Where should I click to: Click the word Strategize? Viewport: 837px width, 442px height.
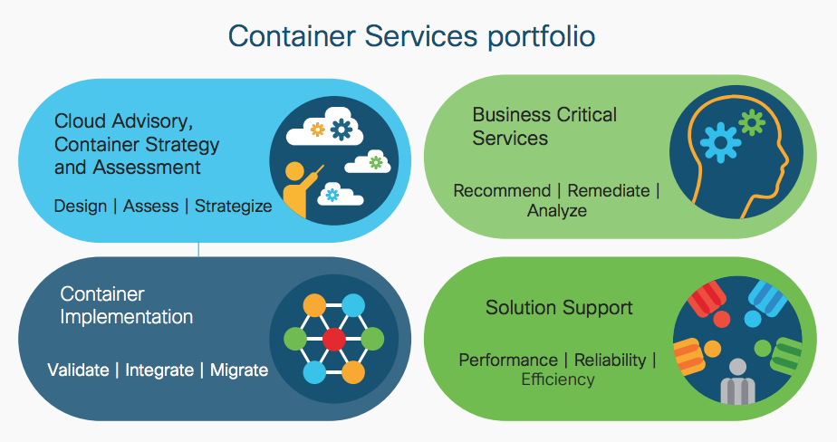(233, 206)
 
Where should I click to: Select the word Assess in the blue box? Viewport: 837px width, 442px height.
(150, 206)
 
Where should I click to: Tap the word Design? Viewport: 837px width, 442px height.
(80, 206)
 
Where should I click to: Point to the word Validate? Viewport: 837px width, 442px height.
(78, 370)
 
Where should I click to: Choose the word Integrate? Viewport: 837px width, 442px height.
(159, 370)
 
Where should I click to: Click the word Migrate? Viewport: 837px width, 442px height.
(239, 370)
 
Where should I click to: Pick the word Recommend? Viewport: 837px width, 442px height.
(502, 191)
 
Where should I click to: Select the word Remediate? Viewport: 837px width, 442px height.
(609, 191)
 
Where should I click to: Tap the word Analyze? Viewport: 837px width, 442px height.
(557, 211)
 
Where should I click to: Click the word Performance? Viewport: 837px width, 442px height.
(508, 360)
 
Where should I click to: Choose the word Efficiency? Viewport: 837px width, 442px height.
(558, 380)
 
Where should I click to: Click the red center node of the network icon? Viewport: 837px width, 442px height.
(334, 340)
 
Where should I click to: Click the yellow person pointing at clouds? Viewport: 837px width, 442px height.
(296, 189)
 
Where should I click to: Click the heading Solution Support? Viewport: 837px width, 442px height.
(559, 308)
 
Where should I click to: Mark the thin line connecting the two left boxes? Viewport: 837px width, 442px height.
(199, 250)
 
